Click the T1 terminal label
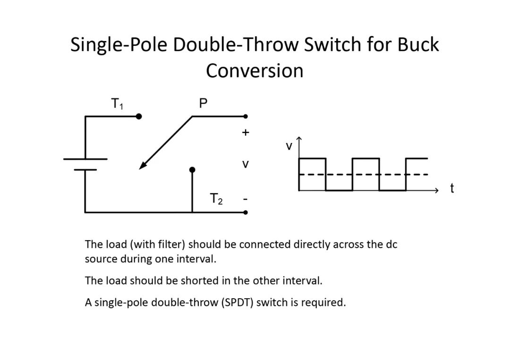tap(117, 104)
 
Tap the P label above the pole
tap(203, 103)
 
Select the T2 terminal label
tap(216, 199)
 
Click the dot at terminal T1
tap(139, 117)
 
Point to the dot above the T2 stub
tap(192, 169)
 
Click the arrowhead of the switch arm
tap(143, 165)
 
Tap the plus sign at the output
tap(246, 133)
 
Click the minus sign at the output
tap(246, 199)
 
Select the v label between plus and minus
tap(246, 164)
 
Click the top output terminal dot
tap(246, 117)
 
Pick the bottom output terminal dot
tap(246, 212)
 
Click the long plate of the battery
tap(85, 159)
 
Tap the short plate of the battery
tap(85, 169)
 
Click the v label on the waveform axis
tap(289, 146)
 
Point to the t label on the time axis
tap(452, 188)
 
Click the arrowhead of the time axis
tap(437, 191)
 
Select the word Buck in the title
tap(418, 44)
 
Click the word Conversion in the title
tap(255, 71)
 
